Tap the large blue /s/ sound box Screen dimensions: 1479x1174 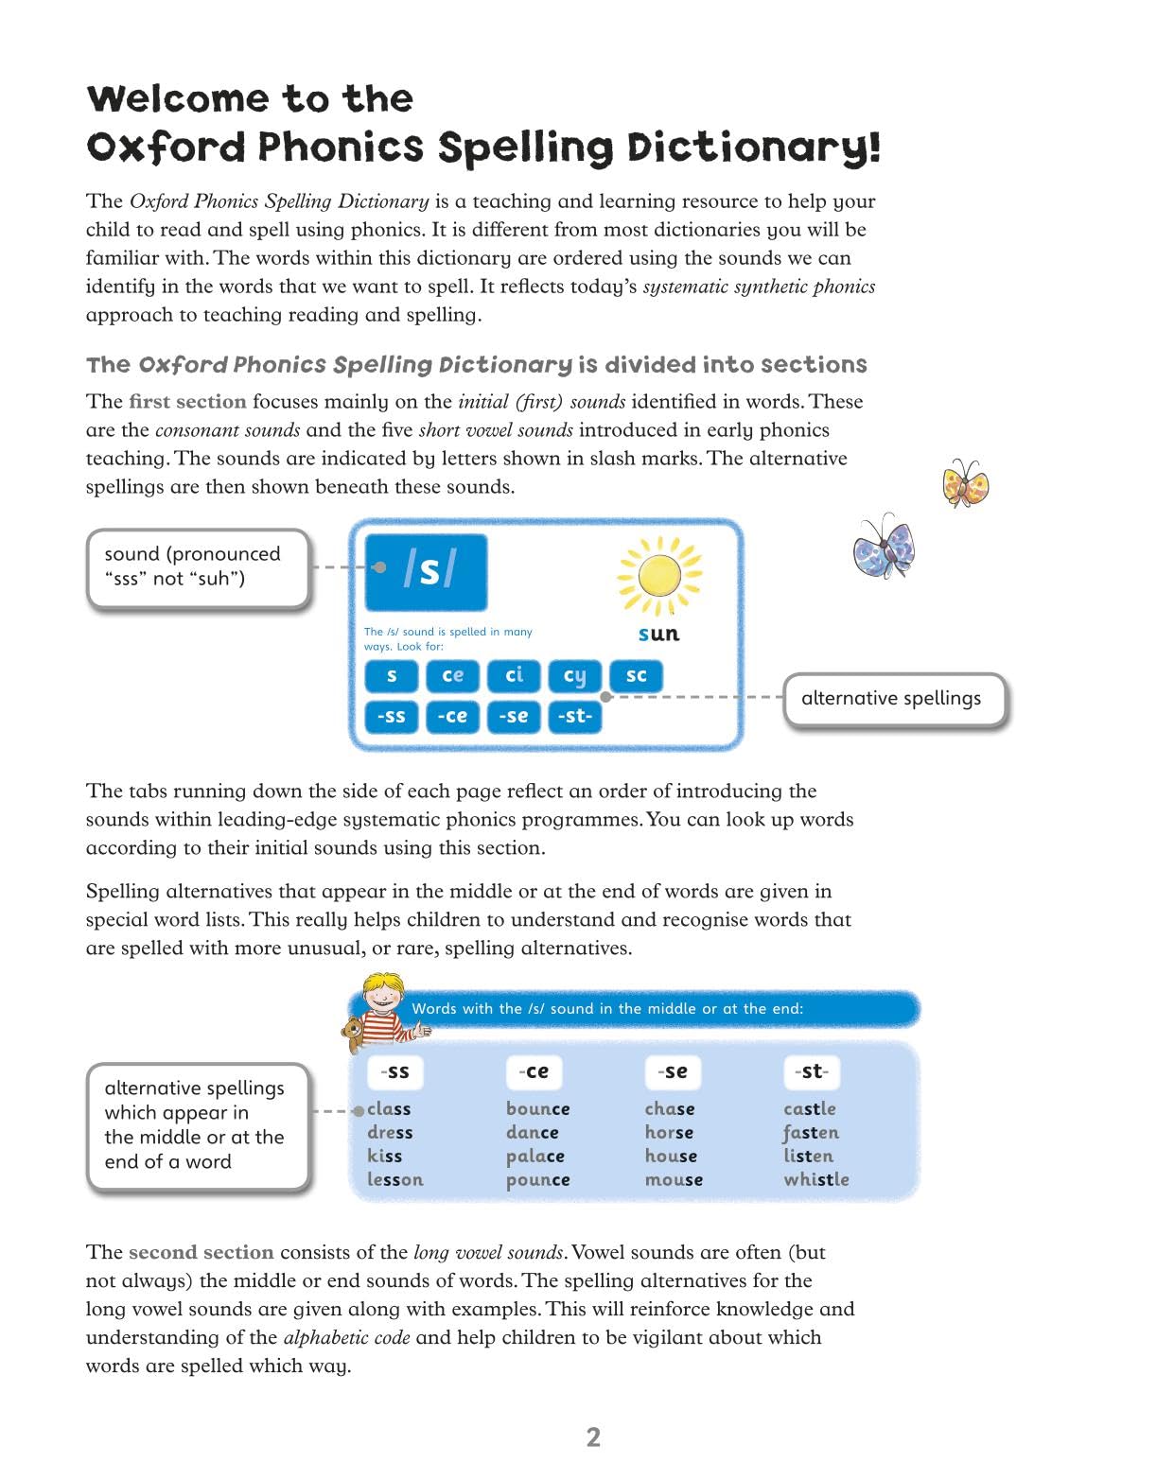(427, 572)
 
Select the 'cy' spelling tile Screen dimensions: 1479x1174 (574, 675)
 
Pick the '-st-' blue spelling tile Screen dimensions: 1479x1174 (574, 716)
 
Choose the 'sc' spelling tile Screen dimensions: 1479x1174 (636, 675)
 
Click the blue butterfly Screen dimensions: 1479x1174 (885, 548)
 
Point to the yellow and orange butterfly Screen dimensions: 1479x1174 (965, 483)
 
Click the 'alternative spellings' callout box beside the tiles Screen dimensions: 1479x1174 (892, 699)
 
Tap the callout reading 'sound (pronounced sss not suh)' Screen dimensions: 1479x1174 (198, 567)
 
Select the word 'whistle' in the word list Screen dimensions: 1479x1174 (815, 1179)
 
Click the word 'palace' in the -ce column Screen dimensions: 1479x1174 (534, 1156)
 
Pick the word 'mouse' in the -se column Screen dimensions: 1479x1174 (674, 1179)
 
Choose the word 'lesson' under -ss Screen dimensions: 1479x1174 (395, 1179)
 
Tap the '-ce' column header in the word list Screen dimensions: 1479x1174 (534, 1071)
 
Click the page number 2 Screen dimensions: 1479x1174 (593, 1437)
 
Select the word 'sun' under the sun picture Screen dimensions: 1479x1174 (658, 634)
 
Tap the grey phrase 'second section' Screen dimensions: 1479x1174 (201, 1252)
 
